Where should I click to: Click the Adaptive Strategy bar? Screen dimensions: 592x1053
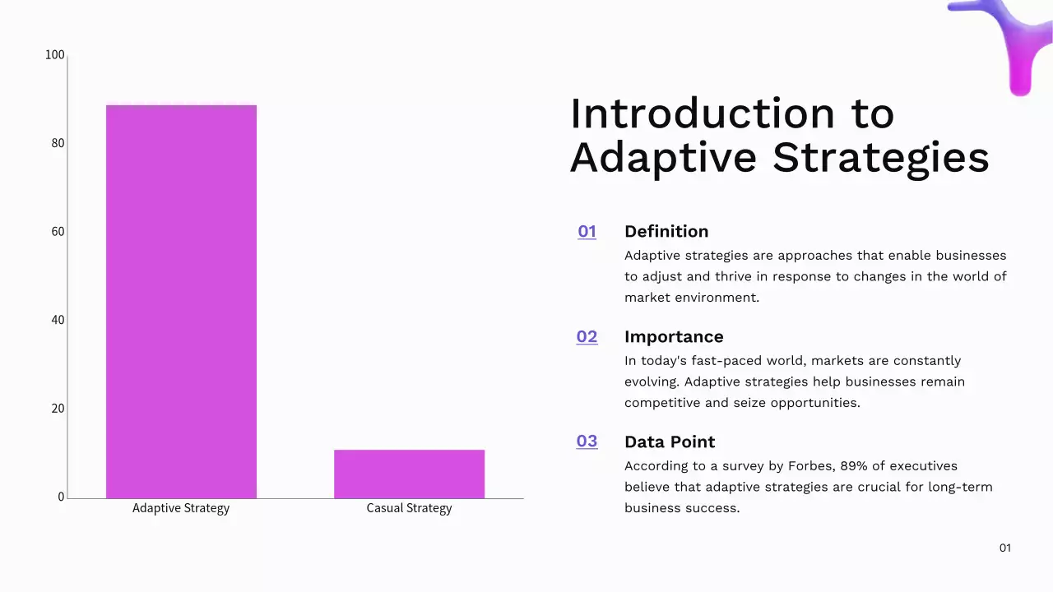pyautogui.click(x=181, y=301)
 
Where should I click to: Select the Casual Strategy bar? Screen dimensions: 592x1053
pyautogui.click(x=409, y=474)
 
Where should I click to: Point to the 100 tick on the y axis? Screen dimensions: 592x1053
pyautogui.click(x=55, y=55)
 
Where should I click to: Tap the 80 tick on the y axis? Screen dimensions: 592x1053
pyautogui.click(x=58, y=143)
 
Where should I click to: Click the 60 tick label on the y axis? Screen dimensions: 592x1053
pyautogui.click(x=58, y=232)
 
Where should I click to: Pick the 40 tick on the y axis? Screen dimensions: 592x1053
pyautogui.click(x=58, y=320)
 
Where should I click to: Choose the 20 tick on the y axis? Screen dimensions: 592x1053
pyautogui.click(x=58, y=409)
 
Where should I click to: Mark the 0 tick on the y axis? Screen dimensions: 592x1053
pyautogui.click(x=61, y=497)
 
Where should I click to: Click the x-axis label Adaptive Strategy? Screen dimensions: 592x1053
pyautogui.click(x=181, y=508)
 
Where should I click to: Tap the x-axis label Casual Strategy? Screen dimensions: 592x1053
pyautogui.click(x=409, y=508)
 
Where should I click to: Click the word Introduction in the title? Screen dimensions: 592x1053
pyautogui.click(x=702, y=113)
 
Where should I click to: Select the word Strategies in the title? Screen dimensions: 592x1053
pyautogui.click(x=880, y=158)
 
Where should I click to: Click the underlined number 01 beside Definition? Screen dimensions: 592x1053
pyautogui.click(x=587, y=232)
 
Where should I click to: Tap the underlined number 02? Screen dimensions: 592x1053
pyautogui.click(x=587, y=337)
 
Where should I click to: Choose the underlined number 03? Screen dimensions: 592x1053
pyautogui.click(x=587, y=442)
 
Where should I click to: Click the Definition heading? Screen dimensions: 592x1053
pyautogui.click(x=666, y=232)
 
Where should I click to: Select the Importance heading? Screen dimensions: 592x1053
pyautogui.click(x=674, y=337)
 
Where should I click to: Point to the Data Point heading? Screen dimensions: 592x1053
pyautogui.click(x=670, y=442)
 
